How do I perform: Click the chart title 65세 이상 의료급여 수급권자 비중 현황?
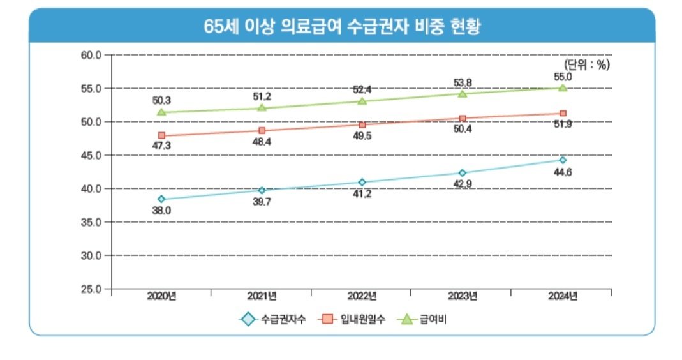[341, 26]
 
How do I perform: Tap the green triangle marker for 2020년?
[161, 112]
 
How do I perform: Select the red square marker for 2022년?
[362, 124]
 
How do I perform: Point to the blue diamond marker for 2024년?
[563, 160]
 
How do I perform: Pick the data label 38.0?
[161, 210]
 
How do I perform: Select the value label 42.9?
[463, 184]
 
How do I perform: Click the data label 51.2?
[262, 96]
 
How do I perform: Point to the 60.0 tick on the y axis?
[91, 55]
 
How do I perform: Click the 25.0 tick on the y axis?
[91, 289]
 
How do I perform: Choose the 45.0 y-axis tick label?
[91, 155]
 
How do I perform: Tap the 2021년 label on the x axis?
[262, 296]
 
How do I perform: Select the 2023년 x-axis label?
[463, 296]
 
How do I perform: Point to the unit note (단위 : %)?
[586, 64]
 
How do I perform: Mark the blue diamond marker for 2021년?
[262, 190]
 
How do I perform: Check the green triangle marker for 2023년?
[463, 94]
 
